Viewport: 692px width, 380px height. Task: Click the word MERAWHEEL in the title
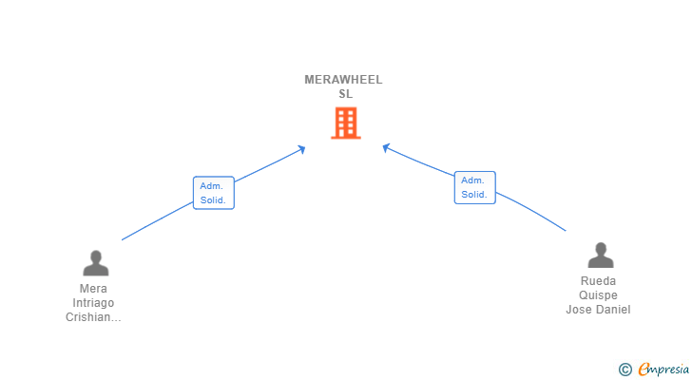(343, 80)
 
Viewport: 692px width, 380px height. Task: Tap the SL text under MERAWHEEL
(345, 94)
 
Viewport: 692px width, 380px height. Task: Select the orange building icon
(346, 123)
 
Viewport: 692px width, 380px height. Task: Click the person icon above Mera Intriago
(95, 262)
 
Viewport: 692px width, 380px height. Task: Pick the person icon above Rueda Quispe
(600, 256)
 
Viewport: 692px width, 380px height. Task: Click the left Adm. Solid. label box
(213, 193)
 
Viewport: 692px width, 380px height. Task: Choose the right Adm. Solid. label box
(474, 187)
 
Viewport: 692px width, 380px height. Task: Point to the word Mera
(93, 289)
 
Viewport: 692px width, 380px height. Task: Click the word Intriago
(93, 303)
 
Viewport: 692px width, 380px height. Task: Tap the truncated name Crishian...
(93, 317)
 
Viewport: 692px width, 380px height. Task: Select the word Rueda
(599, 281)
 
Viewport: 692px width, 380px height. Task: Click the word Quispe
(599, 295)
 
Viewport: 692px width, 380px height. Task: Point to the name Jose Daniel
(599, 310)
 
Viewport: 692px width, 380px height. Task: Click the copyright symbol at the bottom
(625, 369)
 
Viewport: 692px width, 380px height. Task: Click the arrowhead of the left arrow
(301, 148)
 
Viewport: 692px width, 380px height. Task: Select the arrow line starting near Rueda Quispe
(532, 211)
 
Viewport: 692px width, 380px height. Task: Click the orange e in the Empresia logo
(644, 369)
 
